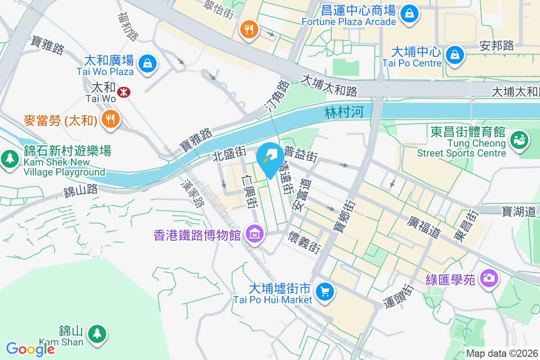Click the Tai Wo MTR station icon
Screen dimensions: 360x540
[122, 93]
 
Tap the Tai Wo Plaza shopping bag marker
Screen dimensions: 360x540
[147, 63]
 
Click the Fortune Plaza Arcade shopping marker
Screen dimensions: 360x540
[409, 13]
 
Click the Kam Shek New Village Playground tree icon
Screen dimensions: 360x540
[9, 159]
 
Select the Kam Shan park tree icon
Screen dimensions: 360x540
[97, 333]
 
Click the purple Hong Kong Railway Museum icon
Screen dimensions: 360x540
[255, 234]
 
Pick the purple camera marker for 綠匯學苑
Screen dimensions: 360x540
[488, 278]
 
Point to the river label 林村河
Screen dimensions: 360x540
[343, 112]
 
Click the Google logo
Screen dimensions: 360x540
[30, 349]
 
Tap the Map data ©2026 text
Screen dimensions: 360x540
[502, 354]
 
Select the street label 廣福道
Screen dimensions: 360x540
[423, 227]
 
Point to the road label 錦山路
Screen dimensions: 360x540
[81, 191]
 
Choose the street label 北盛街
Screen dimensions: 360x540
[229, 156]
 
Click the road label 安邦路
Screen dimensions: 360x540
[497, 45]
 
